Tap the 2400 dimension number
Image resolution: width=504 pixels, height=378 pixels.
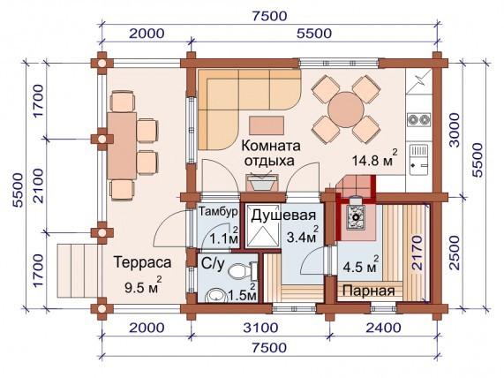point(380,329)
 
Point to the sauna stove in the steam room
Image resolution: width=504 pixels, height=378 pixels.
point(357,213)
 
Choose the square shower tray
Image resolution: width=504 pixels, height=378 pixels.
point(261,232)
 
